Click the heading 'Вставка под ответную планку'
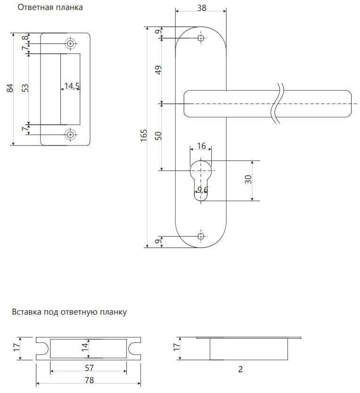click(x=69, y=312)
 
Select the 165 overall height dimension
click(x=144, y=136)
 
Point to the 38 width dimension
click(x=201, y=9)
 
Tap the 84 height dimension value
click(x=9, y=88)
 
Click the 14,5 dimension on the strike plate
click(x=72, y=86)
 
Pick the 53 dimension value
click(x=25, y=88)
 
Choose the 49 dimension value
click(x=159, y=70)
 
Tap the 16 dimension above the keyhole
click(x=201, y=146)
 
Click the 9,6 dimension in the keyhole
click(x=203, y=190)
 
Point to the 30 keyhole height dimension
click(x=249, y=180)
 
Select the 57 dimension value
click(x=88, y=367)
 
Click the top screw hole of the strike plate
click(x=70, y=43)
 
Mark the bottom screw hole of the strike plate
click(x=70, y=135)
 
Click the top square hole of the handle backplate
click(x=201, y=38)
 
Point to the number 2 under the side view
click(x=240, y=370)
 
